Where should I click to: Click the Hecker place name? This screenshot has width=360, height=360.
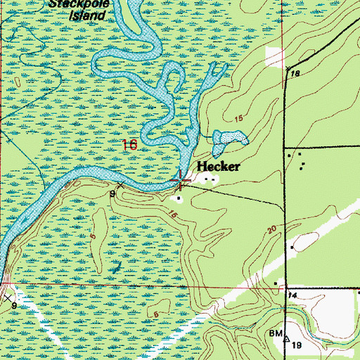[218, 167]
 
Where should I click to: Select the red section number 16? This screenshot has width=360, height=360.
[129, 146]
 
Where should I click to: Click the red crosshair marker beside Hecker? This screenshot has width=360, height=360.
[181, 182]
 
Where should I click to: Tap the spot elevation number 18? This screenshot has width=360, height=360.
[295, 74]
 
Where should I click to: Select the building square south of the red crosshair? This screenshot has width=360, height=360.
[179, 198]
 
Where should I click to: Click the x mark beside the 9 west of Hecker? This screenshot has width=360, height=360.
[120, 185]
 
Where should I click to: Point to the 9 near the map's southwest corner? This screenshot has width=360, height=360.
[13, 306]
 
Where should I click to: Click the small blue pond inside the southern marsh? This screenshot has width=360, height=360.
[117, 268]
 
